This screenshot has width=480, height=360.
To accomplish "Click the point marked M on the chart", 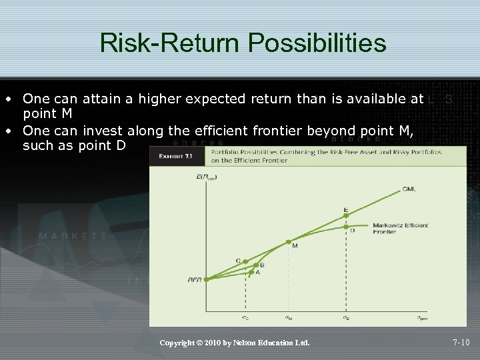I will click(288, 242).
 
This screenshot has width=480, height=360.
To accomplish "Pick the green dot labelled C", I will click(245, 261).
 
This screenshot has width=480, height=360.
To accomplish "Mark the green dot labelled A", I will click(251, 272).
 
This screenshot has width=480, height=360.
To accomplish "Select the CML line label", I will click(409, 189).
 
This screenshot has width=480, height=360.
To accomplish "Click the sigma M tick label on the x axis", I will click(288, 318).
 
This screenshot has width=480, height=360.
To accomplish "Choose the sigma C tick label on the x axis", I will click(245, 318).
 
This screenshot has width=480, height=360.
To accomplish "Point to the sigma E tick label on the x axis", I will click(345, 318).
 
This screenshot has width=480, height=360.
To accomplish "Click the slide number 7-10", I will click(461, 343).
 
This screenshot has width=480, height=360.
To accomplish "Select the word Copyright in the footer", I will click(178, 343).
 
